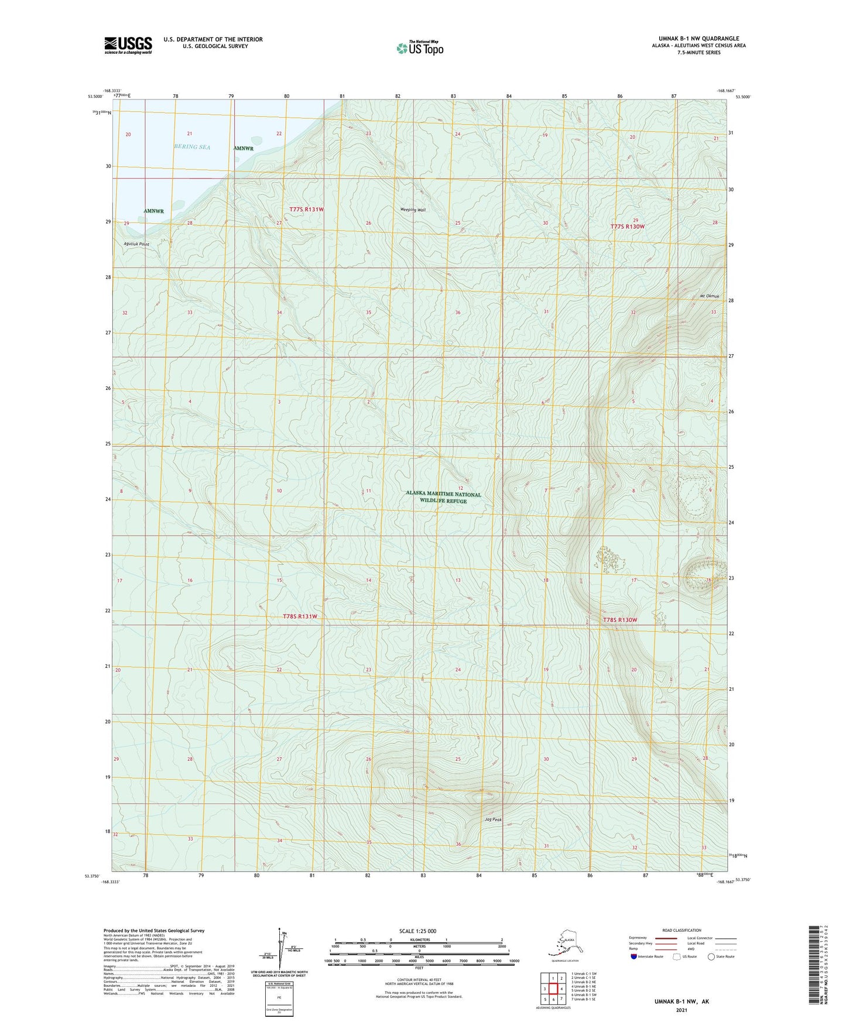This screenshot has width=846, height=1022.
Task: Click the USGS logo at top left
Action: (x=128, y=45)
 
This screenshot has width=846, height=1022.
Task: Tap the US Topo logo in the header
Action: (x=420, y=48)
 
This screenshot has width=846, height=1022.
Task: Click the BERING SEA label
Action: (x=191, y=147)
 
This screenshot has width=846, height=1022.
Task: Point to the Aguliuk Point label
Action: (x=136, y=244)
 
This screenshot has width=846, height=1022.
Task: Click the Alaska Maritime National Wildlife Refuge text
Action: (x=443, y=498)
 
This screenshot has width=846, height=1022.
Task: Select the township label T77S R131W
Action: (x=306, y=209)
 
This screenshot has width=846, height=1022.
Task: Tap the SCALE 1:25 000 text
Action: (x=418, y=931)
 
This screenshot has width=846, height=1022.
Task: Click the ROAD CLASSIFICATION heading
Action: (x=681, y=930)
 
